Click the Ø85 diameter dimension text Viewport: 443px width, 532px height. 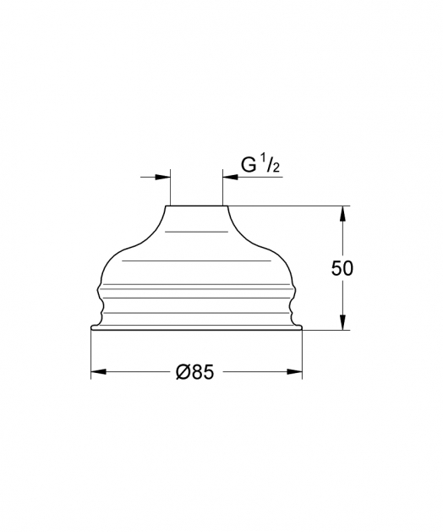click(x=195, y=371)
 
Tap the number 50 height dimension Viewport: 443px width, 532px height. click(x=342, y=268)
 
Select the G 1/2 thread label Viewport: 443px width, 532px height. click(x=260, y=165)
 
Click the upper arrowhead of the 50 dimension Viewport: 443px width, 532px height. click(x=343, y=214)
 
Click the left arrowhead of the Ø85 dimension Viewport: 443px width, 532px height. click(x=99, y=372)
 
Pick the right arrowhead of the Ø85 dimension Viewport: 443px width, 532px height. click(x=294, y=372)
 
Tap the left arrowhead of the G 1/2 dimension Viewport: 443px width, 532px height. click(x=162, y=177)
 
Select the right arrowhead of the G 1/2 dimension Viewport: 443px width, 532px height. click(x=230, y=177)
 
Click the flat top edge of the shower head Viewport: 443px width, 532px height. click(x=196, y=206)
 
